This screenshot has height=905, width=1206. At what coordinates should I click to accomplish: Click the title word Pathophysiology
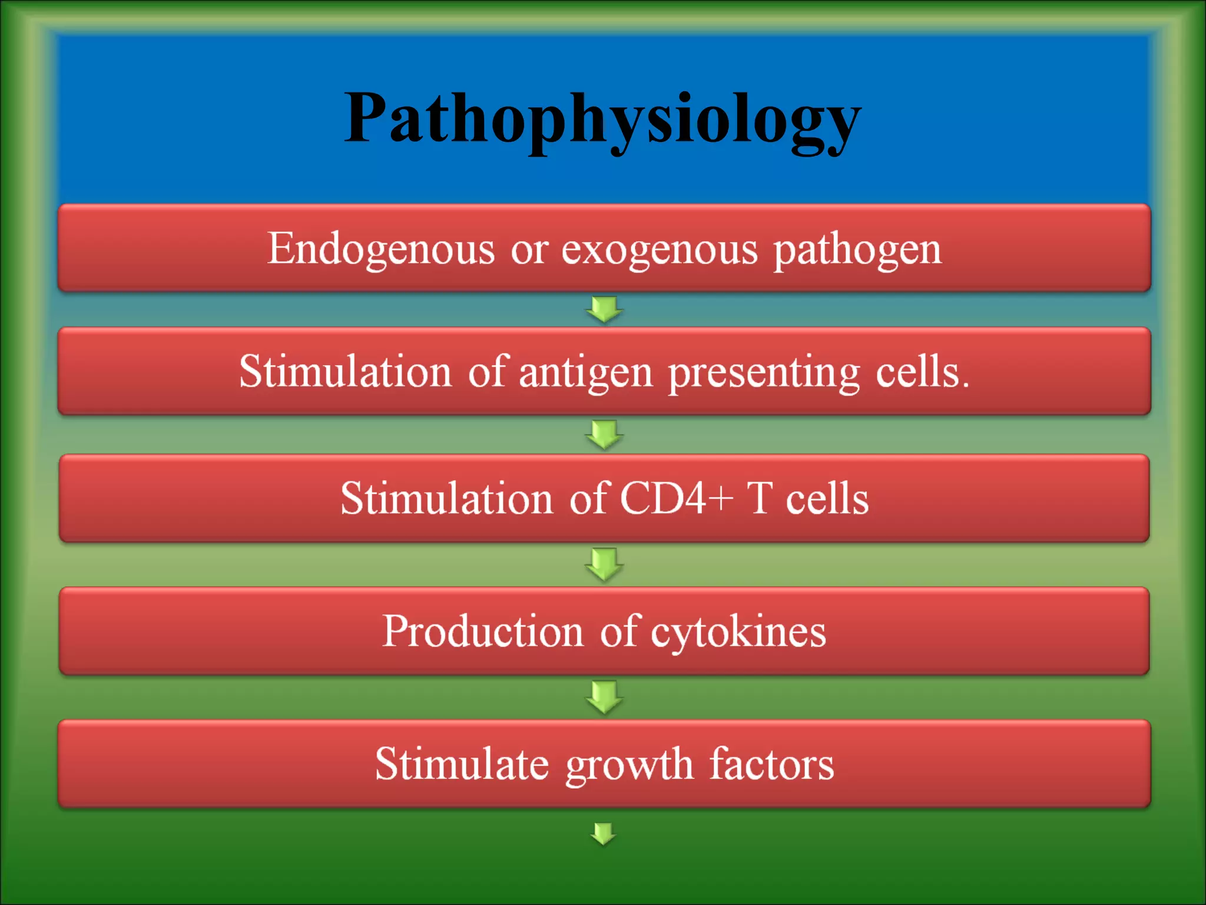pos(602,121)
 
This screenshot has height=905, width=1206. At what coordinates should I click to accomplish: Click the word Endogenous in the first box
pos(380,249)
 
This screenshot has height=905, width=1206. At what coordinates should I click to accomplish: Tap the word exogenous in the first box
pos(659,249)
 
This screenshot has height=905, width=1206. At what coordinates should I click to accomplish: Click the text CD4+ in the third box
pos(676,498)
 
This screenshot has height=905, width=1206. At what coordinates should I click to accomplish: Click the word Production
pos(482,631)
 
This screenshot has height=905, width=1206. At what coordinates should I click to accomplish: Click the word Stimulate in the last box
pos(462,764)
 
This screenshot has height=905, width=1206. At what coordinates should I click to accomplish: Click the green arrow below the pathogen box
pos(604,309)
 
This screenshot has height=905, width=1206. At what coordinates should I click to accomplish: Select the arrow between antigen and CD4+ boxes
pos(604,434)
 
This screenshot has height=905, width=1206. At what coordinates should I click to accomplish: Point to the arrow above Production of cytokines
pos(604,564)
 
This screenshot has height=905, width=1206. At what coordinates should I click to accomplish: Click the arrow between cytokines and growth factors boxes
pos(604,696)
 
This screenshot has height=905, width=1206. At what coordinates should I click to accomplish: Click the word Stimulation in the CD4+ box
pos(446,498)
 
